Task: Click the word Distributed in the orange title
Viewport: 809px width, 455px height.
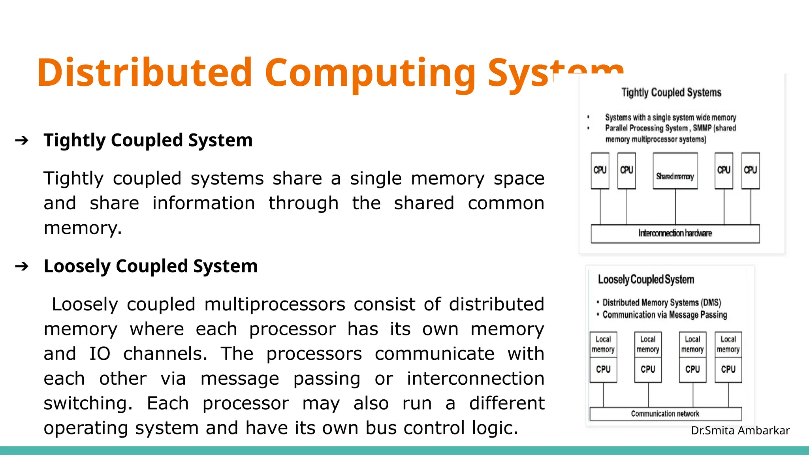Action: (145, 73)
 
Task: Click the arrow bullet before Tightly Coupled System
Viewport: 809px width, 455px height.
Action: (22, 140)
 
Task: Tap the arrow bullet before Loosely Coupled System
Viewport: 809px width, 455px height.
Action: (22, 266)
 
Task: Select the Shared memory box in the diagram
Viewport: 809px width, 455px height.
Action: (675, 171)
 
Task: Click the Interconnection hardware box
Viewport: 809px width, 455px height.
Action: (675, 233)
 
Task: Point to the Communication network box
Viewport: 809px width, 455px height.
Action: (666, 414)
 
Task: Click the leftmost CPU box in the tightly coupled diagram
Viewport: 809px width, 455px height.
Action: (600, 171)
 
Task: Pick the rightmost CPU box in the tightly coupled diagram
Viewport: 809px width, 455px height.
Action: (750, 171)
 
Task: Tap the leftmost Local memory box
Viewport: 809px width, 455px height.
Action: (603, 344)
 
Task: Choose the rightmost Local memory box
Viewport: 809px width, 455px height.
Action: (728, 344)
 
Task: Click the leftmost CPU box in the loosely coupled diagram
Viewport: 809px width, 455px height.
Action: (603, 370)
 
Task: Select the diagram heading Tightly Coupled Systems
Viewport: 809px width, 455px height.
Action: (671, 92)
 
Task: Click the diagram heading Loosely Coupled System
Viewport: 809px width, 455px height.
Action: (646, 280)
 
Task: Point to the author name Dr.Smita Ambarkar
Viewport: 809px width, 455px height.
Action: (740, 430)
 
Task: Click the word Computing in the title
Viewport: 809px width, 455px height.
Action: (370, 73)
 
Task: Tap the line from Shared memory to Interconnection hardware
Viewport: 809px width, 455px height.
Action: (675, 207)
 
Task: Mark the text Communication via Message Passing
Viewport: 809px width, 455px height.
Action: (665, 315)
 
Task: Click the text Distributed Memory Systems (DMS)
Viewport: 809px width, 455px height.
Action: (662, 303)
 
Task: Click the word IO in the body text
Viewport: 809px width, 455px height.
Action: (100, 354)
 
